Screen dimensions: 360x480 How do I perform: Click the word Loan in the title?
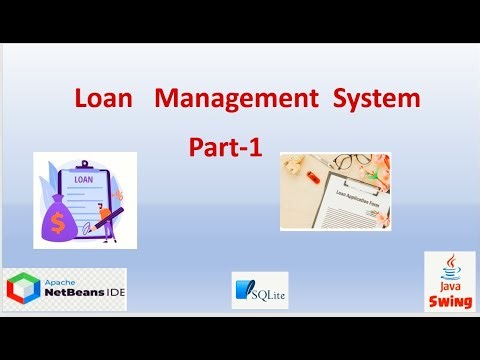[103, 99]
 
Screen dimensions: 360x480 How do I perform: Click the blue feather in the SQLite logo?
[243, 290]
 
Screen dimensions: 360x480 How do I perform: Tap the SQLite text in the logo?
[268, 293]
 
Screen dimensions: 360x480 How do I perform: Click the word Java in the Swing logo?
[445, 288]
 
